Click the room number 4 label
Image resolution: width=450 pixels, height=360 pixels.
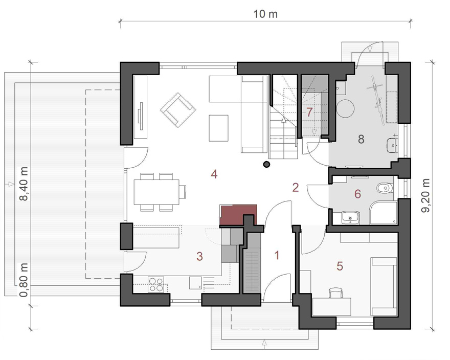(x=214, y=174)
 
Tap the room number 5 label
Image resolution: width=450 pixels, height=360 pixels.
(x=340, y=266)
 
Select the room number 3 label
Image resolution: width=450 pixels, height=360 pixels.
(x=200, y=256)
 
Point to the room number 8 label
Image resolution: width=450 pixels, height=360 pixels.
(x=362, y=139)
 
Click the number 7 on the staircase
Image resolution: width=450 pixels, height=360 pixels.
(x=309, y=112)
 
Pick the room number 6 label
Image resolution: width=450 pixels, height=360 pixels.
(x=357, y=194)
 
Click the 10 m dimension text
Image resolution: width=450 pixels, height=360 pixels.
(x=265, y=14)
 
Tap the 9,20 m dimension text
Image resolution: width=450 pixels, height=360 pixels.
(x=426, y=195)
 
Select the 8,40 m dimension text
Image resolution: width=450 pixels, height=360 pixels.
(x=24, y=184)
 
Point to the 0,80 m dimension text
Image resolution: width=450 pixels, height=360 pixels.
(x=24, y=280)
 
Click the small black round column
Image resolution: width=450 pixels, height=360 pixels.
(x=266, y=164)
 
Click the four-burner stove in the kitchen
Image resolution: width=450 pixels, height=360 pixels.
(x=156, y=284)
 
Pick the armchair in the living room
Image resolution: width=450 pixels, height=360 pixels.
(x=178, y=109)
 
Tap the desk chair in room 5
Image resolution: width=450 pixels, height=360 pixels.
(x=336, y=293)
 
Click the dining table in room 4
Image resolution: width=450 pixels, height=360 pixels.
(x=156, y=192)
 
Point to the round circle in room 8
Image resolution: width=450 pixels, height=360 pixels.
(x=345, y=108)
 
